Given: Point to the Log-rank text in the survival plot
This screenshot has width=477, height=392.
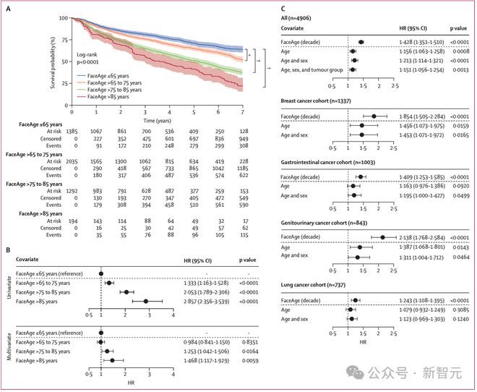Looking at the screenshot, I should tap(87, 55).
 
